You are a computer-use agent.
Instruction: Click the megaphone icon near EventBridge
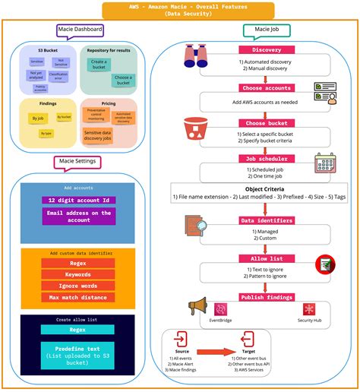(197, 307)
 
